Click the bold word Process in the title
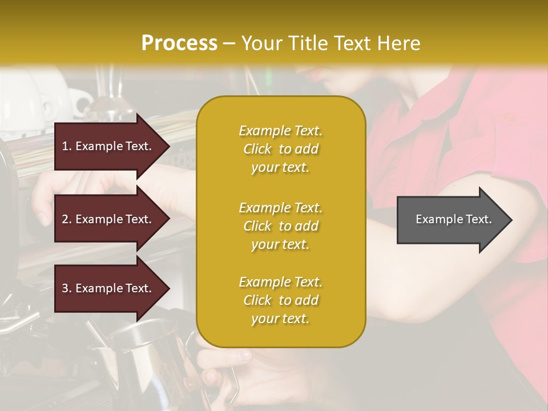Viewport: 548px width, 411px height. pyautogui.click(x=179, y=43)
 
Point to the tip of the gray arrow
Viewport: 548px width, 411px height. pyautogui.click(x=511, y=220)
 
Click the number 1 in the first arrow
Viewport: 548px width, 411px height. pyautogui.click(x=65, y=146)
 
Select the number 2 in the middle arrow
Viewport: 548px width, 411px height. pyautogui.click(x=65, y=219)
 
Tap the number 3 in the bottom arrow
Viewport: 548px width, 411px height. pyautogui.click(x=65, y=288)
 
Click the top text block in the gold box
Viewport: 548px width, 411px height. pyautogui.click(x=280, y=149)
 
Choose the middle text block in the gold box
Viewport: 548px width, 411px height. pyautogui.click(x=280, y=226)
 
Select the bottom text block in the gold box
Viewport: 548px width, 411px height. pyautogui.click(x=280, y=300)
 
